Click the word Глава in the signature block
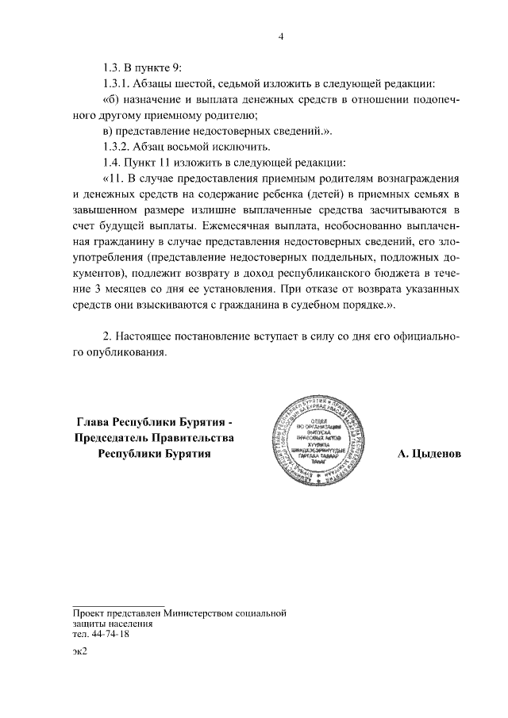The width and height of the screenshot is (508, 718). point(93,421)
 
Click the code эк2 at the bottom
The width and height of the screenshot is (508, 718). point(78,652)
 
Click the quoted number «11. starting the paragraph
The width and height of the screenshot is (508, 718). point(113,179)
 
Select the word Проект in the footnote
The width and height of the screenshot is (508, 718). point(89,613)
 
